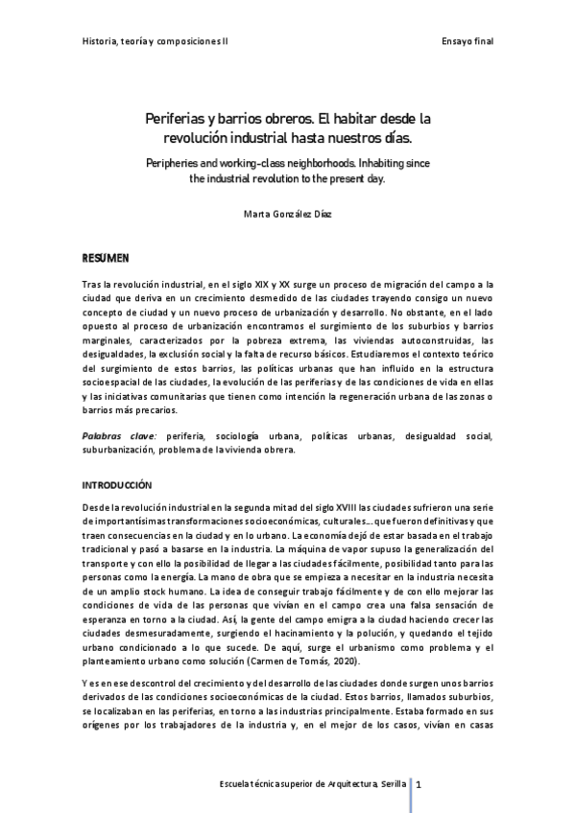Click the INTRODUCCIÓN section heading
(x=117, y=485)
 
